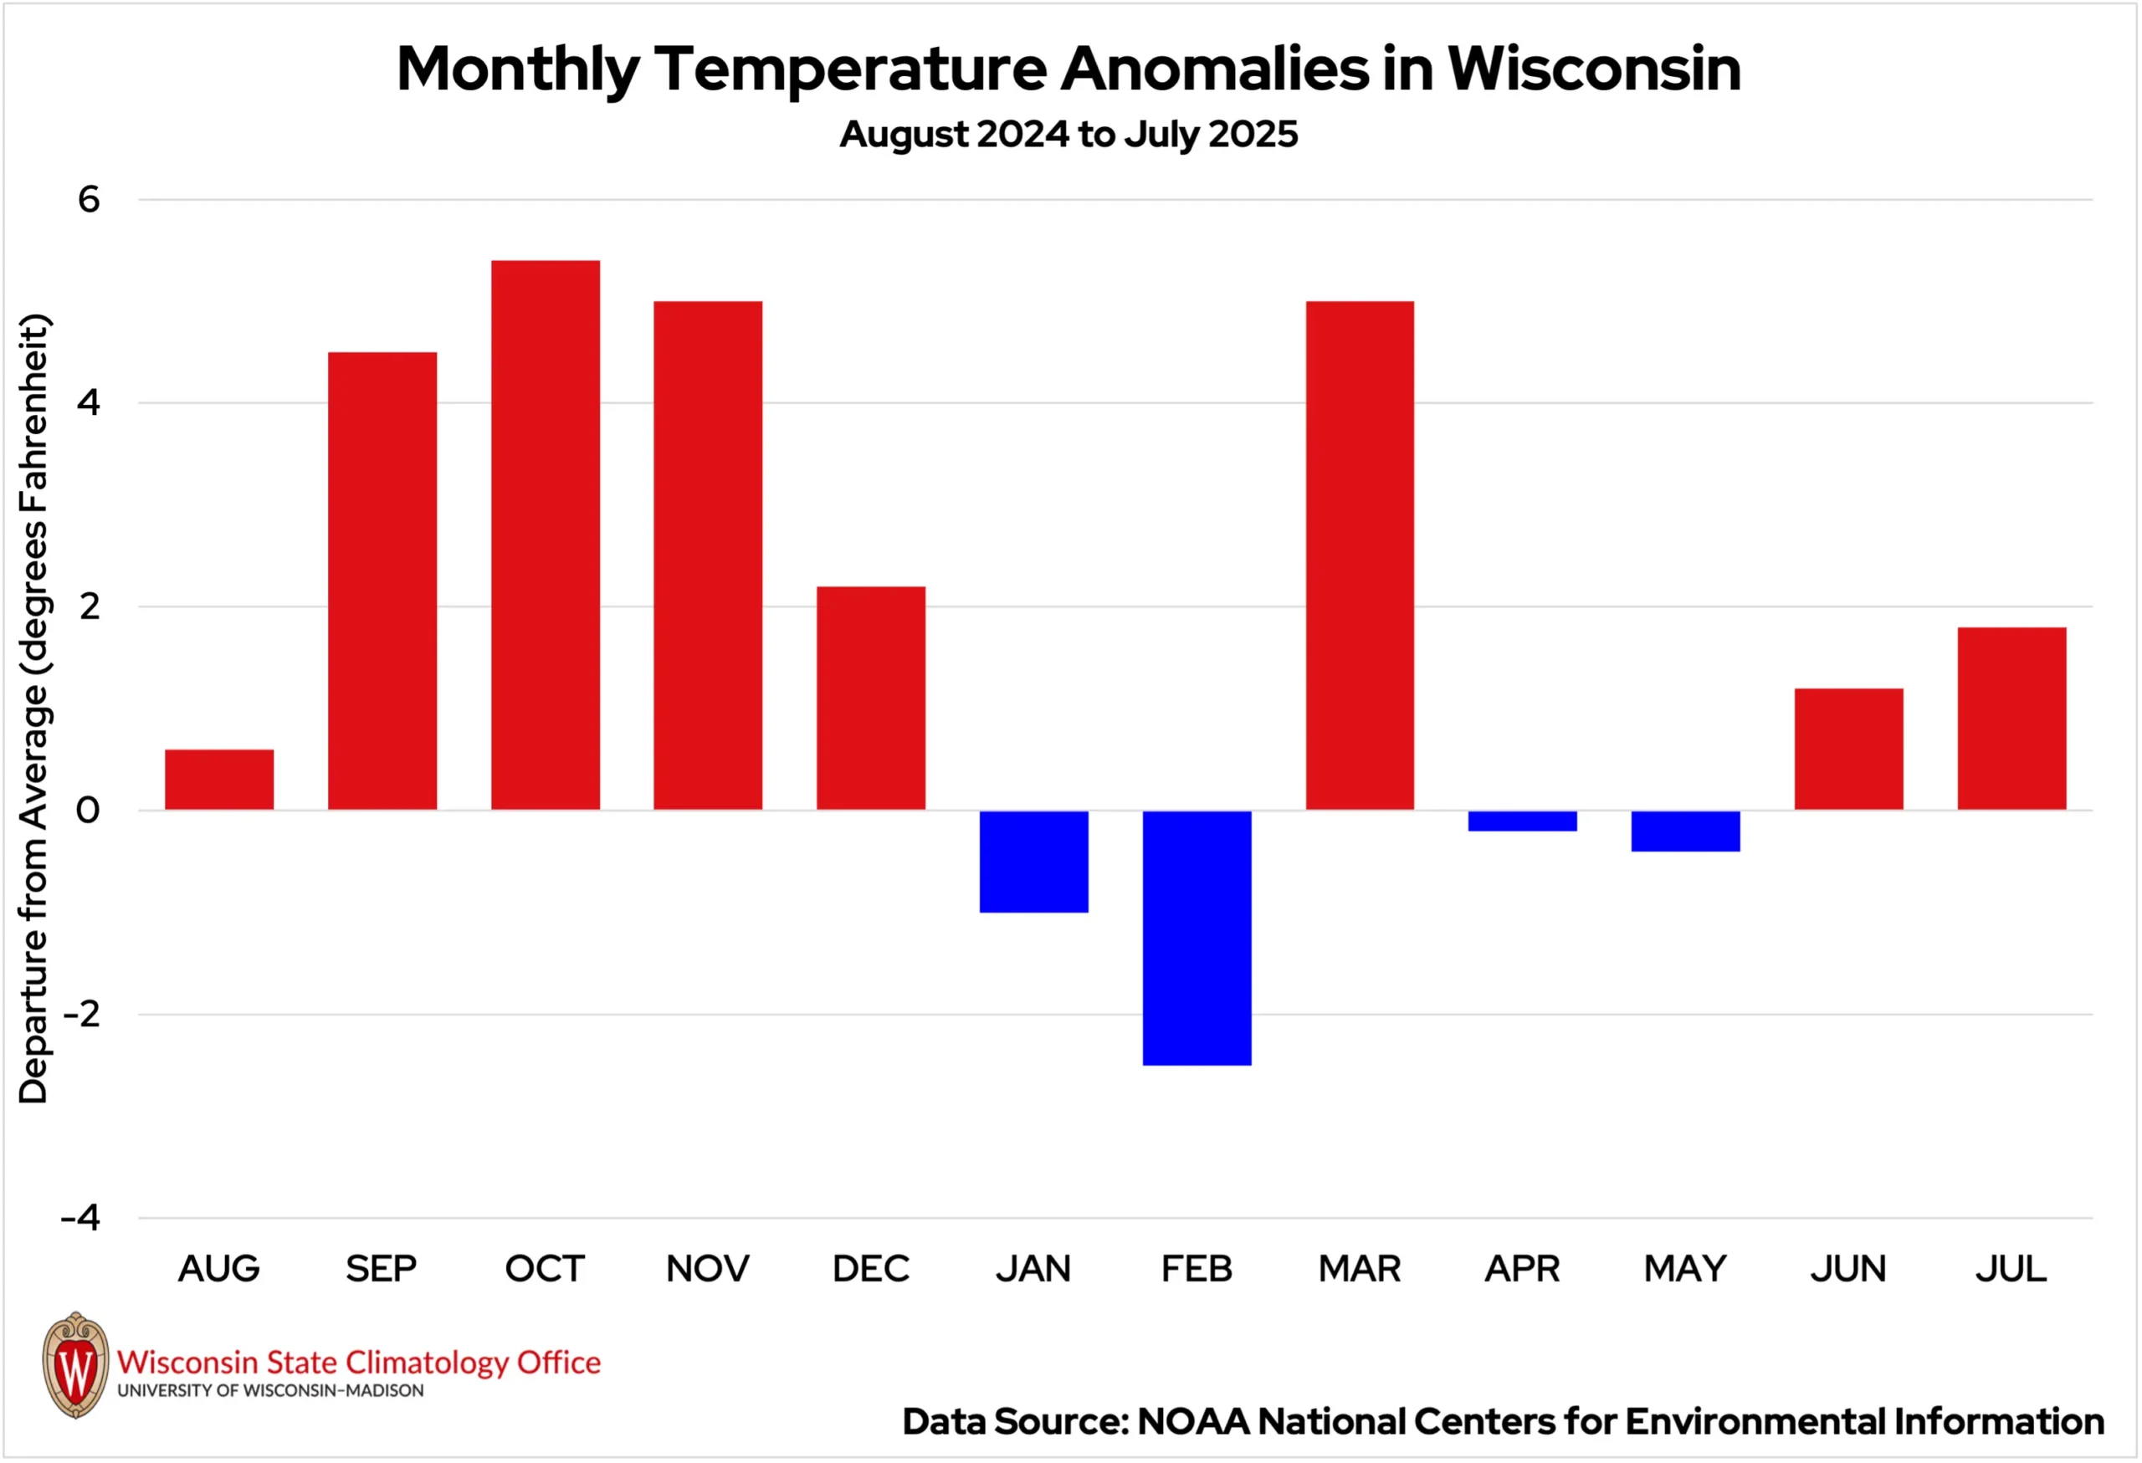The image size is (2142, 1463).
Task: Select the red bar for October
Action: pyautogui.click(x=545, y=535)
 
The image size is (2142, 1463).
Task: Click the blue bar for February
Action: pyautogui.click(x=1197, y=937)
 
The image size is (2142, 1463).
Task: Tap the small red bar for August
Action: pyautogui.click(x=219, y=780)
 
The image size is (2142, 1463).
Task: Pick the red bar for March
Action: pyautogui.click(x=1360, y=555)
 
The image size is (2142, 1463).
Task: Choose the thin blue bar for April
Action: pyautogui.click(x=1523, y=821)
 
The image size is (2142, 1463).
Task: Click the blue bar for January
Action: pyautogui.click(x=1033, y=861)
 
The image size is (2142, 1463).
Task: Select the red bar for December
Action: pyautogui.click(x=871, y=698)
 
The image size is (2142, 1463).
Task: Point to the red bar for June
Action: pyautogui.click(x=1848, y=749)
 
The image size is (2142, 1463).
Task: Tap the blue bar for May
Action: pyautogui.click(x=1685, y=831)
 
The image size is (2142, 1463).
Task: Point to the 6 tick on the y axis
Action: pyautogui.click(x=89, y=199)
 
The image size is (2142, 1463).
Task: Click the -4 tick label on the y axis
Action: pyautogui.click(x=81, y=1218)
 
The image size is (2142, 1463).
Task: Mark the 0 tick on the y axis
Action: pyautogui.click(x=88, y=810)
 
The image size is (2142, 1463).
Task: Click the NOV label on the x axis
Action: pyautogui.click(x=708, y=1269)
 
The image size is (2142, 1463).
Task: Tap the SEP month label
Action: pyautogui.click(x=382, y=1269)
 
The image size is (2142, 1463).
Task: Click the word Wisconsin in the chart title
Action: pyautogui.click(x=1594, y=69)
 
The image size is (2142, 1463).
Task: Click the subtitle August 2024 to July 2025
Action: pyautogui.click(x=1068, y=135)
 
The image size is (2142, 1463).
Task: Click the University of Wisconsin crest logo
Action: pyautogui.click(x=75, y=1365)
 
